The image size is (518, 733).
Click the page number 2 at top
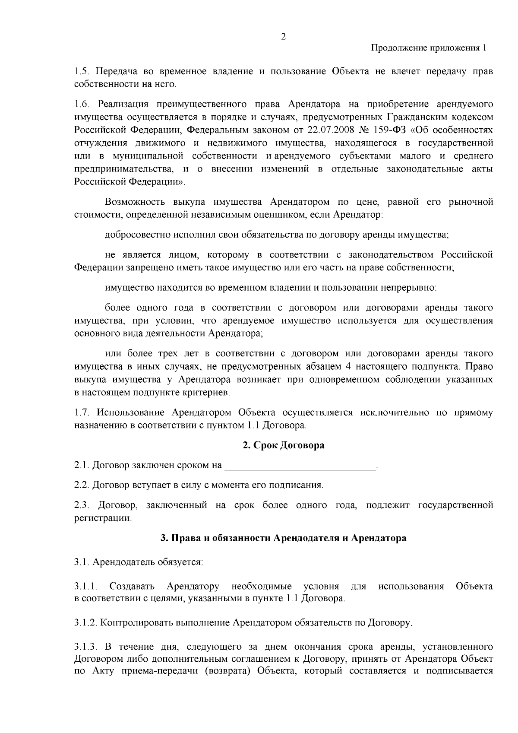click(x=283, y=37)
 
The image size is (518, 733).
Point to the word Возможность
click(x=135, y=202)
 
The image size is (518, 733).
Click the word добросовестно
click(x=138, y=235)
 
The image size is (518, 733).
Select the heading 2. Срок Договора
click(x=283, y=445)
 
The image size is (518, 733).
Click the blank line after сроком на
click(x=300, y=466)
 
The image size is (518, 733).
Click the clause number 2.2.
click(x=81, y=485)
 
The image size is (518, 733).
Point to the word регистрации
click(x=102, y=517)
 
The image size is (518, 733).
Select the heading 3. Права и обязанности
click(x=283, y=538)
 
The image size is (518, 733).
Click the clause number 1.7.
click(x=81, y=413)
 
